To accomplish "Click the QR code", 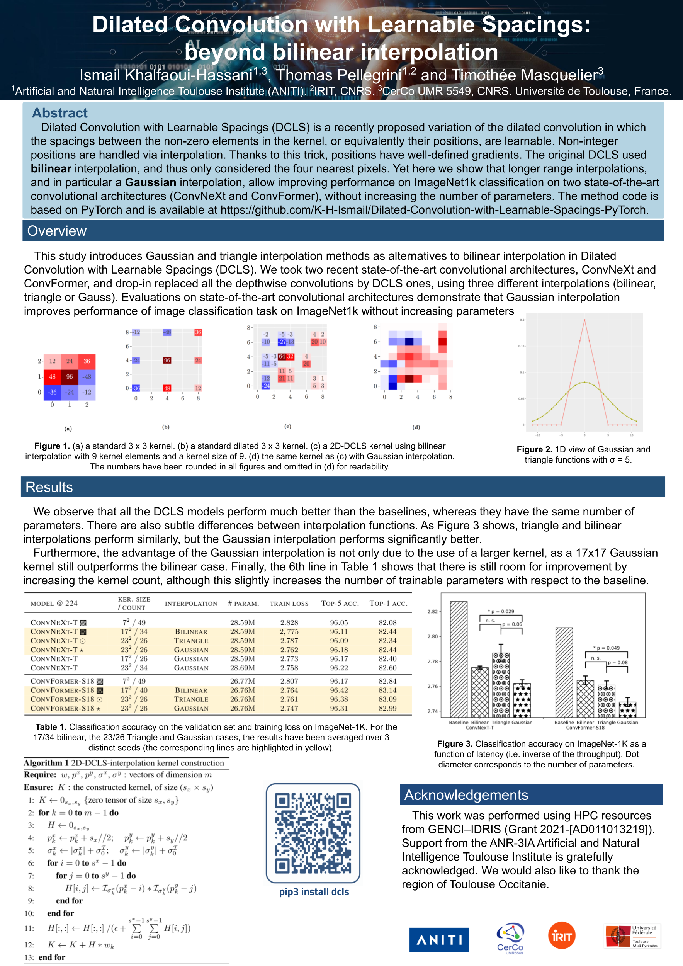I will [x=313, y=833].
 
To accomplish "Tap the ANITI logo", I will [x=438, y=939].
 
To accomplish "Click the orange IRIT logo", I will [x=561, y=936].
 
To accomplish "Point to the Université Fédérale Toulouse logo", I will [x=632, y=936].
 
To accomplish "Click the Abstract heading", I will [x=60, y=113].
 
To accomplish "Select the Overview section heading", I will [x=57, y=231].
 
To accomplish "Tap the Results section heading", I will [x=49, y=487].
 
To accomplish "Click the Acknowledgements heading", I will [x=466, y=795].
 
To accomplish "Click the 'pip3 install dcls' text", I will [x=314, y=891].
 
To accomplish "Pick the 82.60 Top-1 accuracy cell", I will [x=387, y=668].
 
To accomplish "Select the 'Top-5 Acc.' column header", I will [x=340, y=603].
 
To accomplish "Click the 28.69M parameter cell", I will [x=242, y=668].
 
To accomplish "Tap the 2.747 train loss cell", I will [x=289, y=708].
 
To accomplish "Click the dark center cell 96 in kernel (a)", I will [x=70, y=377].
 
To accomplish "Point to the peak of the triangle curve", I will [x=584, y=320].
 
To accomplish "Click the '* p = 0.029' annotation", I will [x=501, y=611].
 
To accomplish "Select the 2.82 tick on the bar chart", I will [x=432, y=611].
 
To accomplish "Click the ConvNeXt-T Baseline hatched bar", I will [x=459, y=659].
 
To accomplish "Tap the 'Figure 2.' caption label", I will [x=534, y=449].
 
